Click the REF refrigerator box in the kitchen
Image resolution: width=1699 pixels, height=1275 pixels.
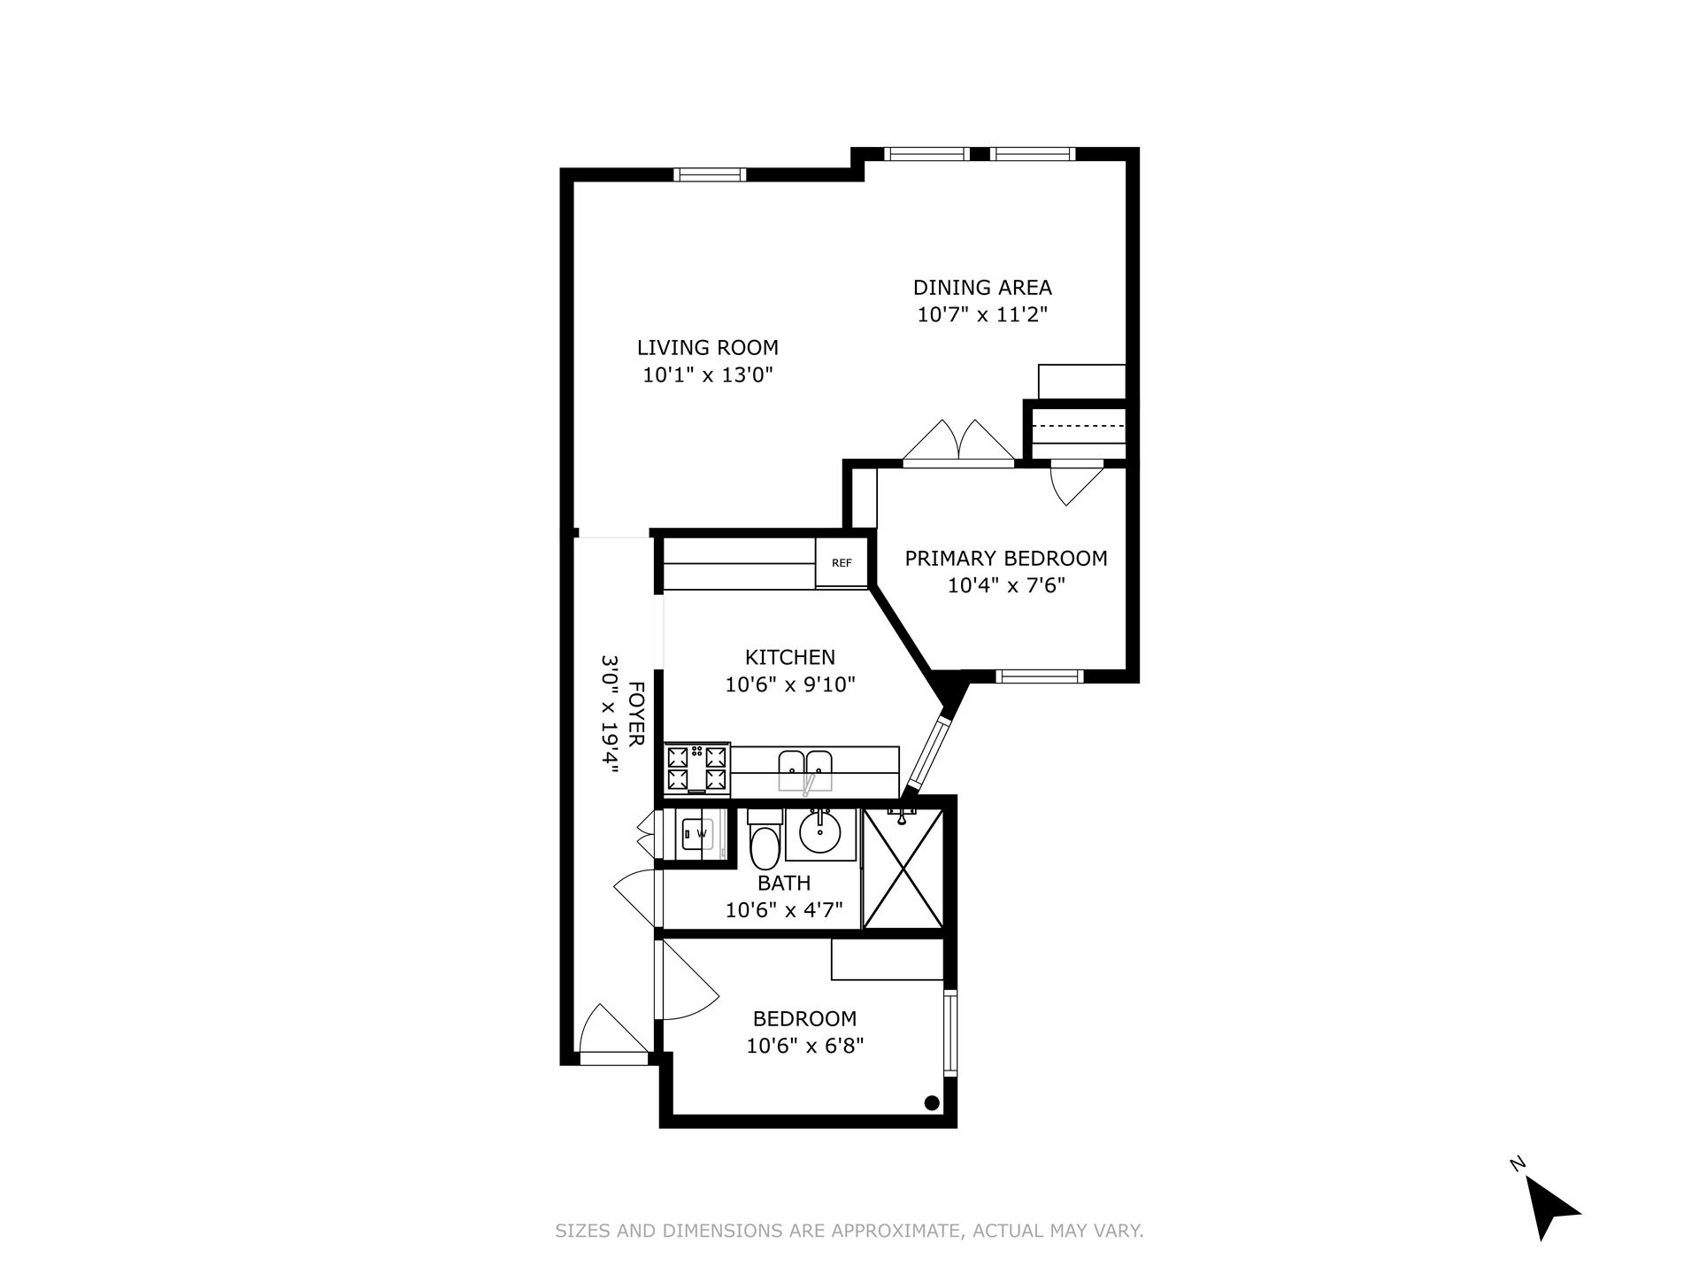pyautogui.click(x=842, y=563)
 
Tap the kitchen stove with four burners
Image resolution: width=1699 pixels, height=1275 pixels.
pyautogui.click(x=697, y=769)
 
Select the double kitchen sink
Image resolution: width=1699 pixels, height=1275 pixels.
pyautogui.click(x=805, y=769)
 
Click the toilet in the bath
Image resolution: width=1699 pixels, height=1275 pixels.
pyautogui.click(x=764, y=842)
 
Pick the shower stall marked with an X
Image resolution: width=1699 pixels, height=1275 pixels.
pyautogui.click(x=902, y=869)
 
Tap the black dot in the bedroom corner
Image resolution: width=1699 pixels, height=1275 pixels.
pyautogui.click(x=931, y=1102)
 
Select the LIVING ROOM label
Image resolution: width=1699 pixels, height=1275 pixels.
pyautogui.click(x=708, y=348)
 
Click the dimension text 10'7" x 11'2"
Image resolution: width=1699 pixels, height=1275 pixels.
pyautogui.click(x=982, y=314)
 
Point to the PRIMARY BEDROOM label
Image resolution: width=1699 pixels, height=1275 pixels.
pyautogui.click(x=1006, y=559)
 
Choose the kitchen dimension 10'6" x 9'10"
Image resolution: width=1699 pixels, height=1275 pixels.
pyautogui.click(x=790, y=684)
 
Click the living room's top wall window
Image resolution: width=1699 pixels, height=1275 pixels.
pyautogui.click(x=710, y=174)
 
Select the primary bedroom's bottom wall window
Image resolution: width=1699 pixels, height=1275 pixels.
pyautogui.click(x=1040, y=676)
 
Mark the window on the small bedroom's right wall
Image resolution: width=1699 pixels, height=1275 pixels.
pyautogui.click(x=950, y=1032)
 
